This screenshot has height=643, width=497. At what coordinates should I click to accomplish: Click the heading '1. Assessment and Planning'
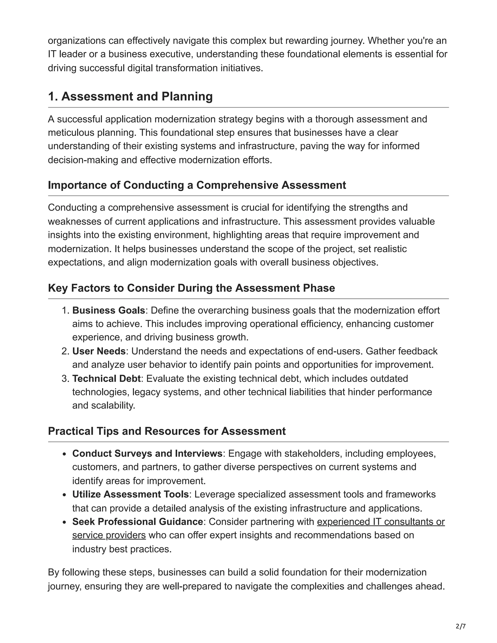pyautogui.click(x=130, y=97)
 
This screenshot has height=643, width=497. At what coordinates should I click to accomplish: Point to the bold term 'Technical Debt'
pyautogui.click(x=106, y=378)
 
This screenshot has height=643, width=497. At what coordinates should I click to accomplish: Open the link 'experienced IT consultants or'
pyautogui.click(x=381, y=521)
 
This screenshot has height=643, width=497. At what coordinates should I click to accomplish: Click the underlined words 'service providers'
pyautogui.click(x=109, y=535)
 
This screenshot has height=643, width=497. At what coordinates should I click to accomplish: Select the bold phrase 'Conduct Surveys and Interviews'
pyautogui.click(x=147, y=453)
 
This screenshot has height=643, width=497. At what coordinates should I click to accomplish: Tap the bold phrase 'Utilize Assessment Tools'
pyautogui.click(x=130, y=494)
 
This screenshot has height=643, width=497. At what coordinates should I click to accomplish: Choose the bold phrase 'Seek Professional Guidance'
pyautogui.click(x=138, y=521)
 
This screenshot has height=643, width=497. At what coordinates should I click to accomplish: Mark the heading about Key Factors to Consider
pyautogui.click(x=191, y=288)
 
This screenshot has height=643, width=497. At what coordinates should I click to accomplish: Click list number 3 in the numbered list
pyautogui.click(x=65, y=379)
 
